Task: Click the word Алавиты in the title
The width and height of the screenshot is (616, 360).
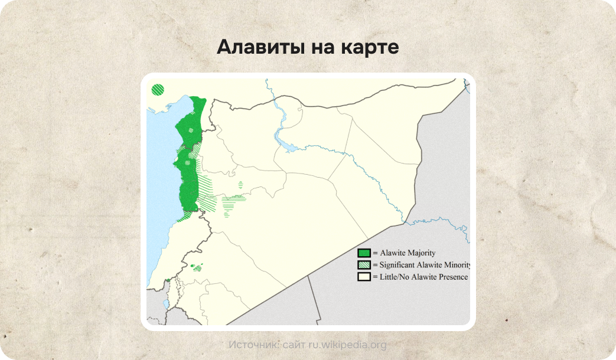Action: point(259,47)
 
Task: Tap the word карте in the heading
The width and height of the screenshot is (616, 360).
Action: point(370,47)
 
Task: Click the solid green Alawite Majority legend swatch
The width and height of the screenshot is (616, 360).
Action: point(364,253)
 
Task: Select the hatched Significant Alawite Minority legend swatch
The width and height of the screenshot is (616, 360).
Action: point(364,265)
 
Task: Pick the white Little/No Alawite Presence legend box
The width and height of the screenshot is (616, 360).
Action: point(364,277)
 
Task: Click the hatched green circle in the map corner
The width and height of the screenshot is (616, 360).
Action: point(158,90)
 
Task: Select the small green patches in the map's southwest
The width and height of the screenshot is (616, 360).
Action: point(195,267)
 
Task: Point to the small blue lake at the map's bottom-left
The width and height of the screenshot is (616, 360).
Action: point(167,305)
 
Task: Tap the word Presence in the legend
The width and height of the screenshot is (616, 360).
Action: point(451,277)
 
